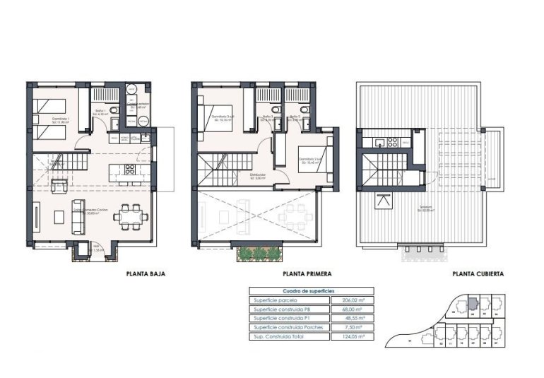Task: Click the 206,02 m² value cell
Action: pyautogui.click(x=351, y=300)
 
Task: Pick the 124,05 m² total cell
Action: pyautogui.click(x=351, y=337)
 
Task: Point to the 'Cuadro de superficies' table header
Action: pyautogui.click(x=308, y=291)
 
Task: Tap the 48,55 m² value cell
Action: pyautogui.click(x=351, y=319)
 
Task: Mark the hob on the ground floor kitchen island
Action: pyautogui.click(x=130, y=170)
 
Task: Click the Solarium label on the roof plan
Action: pyautogui.click(x=425, y=208)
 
